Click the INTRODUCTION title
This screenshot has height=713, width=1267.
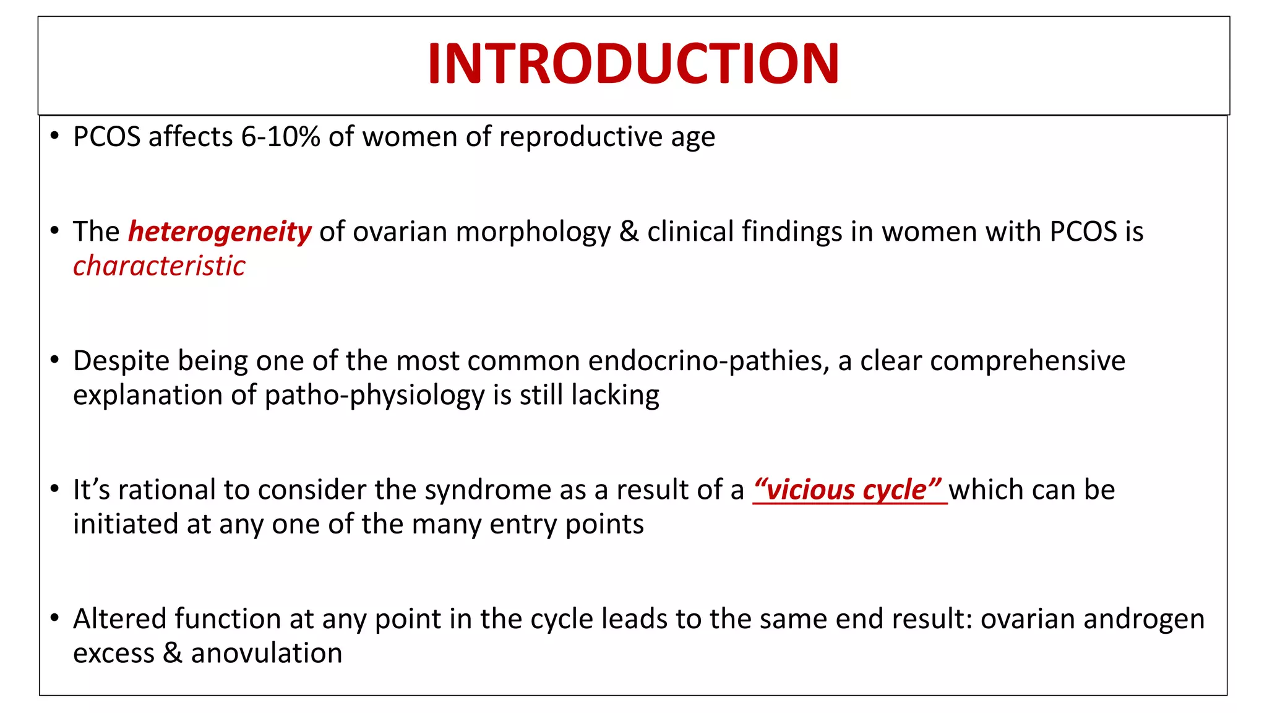pyautogui.click(x=633, y=64)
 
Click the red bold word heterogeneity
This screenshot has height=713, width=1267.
pyautogui.click(x=220, y=232)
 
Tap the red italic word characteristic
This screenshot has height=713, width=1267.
pyautogui.click(x=159, y=266)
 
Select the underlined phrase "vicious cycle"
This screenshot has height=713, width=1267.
pyautogui.click(x=849, y=490)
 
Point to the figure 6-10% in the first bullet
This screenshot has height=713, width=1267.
pyautogui.click(x=280, y=137)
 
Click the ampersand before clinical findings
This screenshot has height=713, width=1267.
pyautogui.click(x=629, y=232)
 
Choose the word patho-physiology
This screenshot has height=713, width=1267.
pyautogui.click(x=374, y=395)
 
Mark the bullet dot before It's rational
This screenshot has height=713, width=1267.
pyautogui.click(x=55, y=489)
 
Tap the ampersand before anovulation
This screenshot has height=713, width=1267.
pyautogui.click(x=172, y=654)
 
